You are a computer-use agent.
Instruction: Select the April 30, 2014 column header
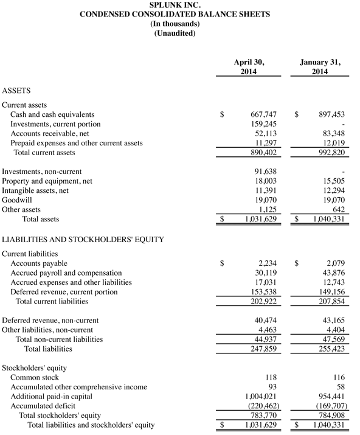coord(249,67)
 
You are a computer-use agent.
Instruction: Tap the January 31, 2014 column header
coord(320,67)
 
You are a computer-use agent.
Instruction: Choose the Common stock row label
coord(35,377)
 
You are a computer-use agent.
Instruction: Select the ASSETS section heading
coord(18,90)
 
